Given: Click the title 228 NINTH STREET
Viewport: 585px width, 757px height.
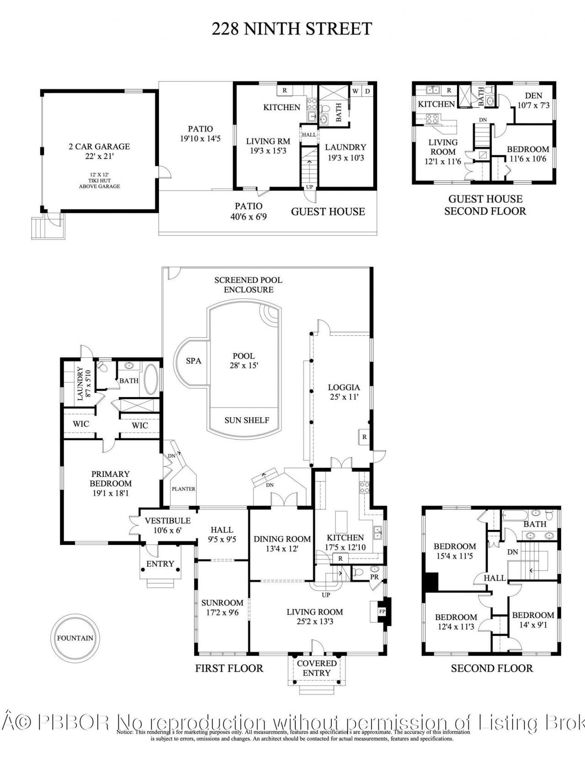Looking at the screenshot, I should pyautogui.click(x=292, y=29).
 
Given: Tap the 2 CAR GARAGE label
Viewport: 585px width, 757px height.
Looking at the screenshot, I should pyautogui.click(x=99, y=151).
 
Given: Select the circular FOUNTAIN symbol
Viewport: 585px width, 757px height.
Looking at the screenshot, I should pyautogui.click(x=75, y=638).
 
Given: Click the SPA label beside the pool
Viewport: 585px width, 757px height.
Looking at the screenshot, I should pyautogui.click(x=194, y=361).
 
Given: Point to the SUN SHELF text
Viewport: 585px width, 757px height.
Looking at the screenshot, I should pyautogui.click(x=246, y=420).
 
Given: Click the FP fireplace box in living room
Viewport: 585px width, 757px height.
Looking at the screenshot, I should pyautogui.click(x=382, y=611).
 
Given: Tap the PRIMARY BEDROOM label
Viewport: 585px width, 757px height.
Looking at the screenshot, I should pyautogui.click(x=111, y=483).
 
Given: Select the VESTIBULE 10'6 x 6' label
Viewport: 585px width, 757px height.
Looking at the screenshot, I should pyautogui.click(x=167, y=525).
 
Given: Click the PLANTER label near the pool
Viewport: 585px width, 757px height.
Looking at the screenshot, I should pyautogui.click(x=183, y=489).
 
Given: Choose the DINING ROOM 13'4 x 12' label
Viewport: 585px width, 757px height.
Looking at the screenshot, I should pyautogui.click(x=282, y=544).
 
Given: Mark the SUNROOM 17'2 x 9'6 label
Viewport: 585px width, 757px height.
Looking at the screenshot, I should pyautogui.click(x=222, y=608).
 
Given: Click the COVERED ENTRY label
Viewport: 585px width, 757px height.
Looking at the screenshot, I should pyautogui.click(x=317, y=668).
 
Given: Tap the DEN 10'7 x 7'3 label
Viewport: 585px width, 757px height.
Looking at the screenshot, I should pyautogui.click(x=533, y=100).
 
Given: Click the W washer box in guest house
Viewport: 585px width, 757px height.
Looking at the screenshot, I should pyautogui.click(x=355, y=91).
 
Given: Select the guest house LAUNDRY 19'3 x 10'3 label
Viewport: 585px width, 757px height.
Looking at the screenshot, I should pyautogui.click(x=346, y=152).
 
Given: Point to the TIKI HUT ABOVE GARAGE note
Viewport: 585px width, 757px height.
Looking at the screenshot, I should pyautogui.click(x=99, y=180).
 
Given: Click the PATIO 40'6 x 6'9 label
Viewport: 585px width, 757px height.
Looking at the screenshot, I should pyautogui.click(x=249, y=211).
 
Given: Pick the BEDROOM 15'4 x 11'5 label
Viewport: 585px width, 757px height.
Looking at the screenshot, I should pyautogui.click(x=455, y=551).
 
